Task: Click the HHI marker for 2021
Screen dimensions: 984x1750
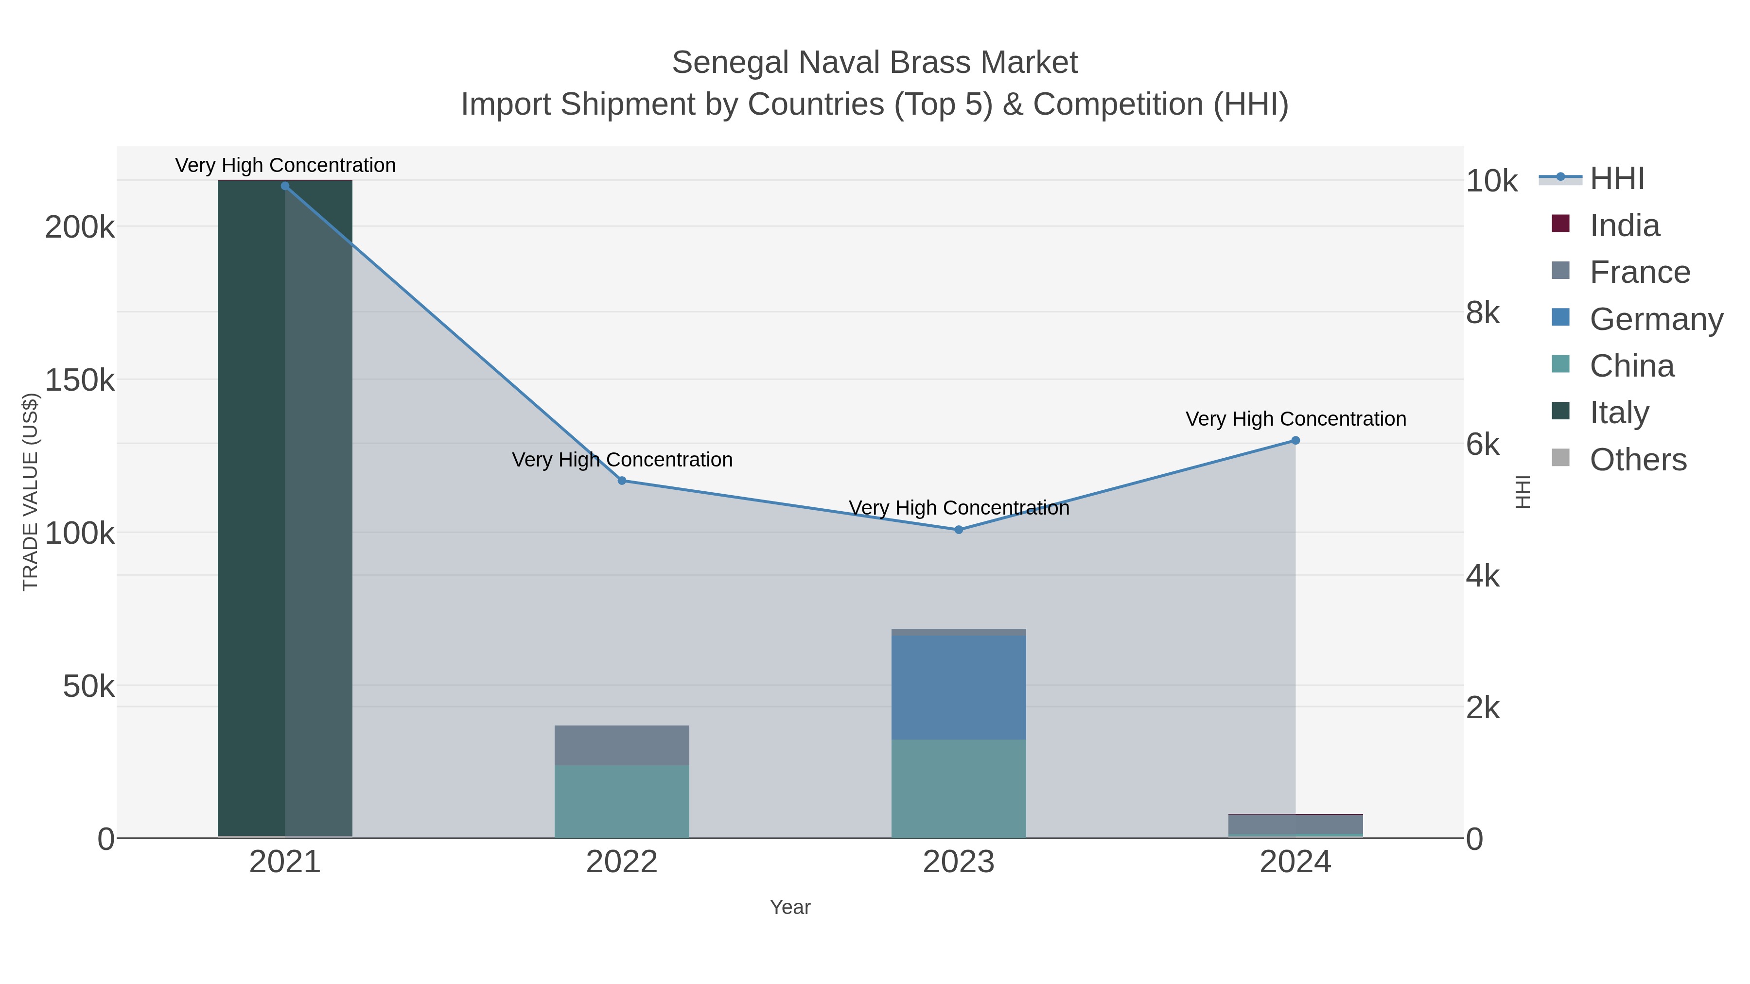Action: (x=285, y=186)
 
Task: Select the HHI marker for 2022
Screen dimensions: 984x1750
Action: (x=622, y=481)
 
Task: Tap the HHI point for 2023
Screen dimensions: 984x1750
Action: (x=959, y=530)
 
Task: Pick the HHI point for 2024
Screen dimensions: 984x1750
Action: (x=1295, y=441)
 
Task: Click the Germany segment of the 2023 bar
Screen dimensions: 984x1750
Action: (x=959, y=687)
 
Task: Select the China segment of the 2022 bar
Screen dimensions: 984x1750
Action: (x=622, y=801)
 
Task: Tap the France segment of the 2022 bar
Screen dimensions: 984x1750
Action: (x=622, y=745)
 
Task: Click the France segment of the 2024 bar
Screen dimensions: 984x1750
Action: (x=1295, y=824)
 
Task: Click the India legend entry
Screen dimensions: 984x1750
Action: (x=1624, y=225)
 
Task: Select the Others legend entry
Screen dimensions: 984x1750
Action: (x=1638, y=460)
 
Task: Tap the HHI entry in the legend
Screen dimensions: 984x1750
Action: (x=1617, y=179)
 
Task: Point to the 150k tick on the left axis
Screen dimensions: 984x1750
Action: (x=80, y=381)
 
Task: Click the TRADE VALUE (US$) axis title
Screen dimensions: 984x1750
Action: (x=31, y=492)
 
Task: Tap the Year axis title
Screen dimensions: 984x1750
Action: (x=790, y=907)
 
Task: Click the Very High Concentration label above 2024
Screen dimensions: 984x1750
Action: (x=1295, y=419)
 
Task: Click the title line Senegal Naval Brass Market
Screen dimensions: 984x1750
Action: (x=875, y=63)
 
